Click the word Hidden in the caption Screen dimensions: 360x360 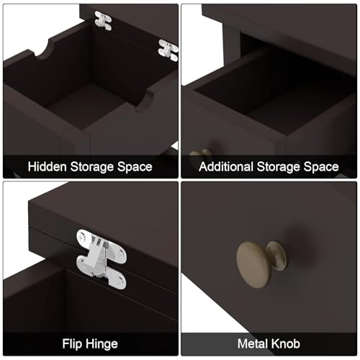[x=47, y=166]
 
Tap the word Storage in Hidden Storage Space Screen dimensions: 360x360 [x=92, y=166]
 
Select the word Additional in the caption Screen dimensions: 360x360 [x=226, y=166]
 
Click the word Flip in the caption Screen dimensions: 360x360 [x=72, y=344]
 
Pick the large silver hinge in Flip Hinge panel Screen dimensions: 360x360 [x=101, y=259]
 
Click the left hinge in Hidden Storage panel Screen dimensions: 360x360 [x=103, y=21]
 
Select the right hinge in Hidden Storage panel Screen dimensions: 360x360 [x=168, y=50]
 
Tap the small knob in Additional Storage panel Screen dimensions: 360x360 [x=201, y=154]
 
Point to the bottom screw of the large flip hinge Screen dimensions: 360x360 [x=120, y=282]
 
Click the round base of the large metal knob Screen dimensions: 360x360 [x=277, y=256]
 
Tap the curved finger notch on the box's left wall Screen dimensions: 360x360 [x=44, y=50]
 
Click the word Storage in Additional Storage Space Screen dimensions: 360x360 [x=279, y=166]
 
